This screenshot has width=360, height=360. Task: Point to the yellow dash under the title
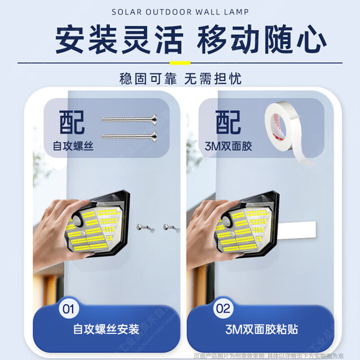tap(180, 63)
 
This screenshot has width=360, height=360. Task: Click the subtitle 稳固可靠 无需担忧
tap(180, 79)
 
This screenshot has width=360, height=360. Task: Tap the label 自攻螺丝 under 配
tap(73, 146)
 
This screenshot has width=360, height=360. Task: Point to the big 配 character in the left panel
tap(72, 121)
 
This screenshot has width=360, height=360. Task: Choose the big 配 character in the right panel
tap(228, 121)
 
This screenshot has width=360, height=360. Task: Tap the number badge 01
tap(68, 309)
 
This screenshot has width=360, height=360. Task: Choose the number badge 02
tap(224, 309)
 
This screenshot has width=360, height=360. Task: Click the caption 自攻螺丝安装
tap(106, 329)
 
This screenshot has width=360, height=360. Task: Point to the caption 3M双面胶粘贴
tap(261, 329)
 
